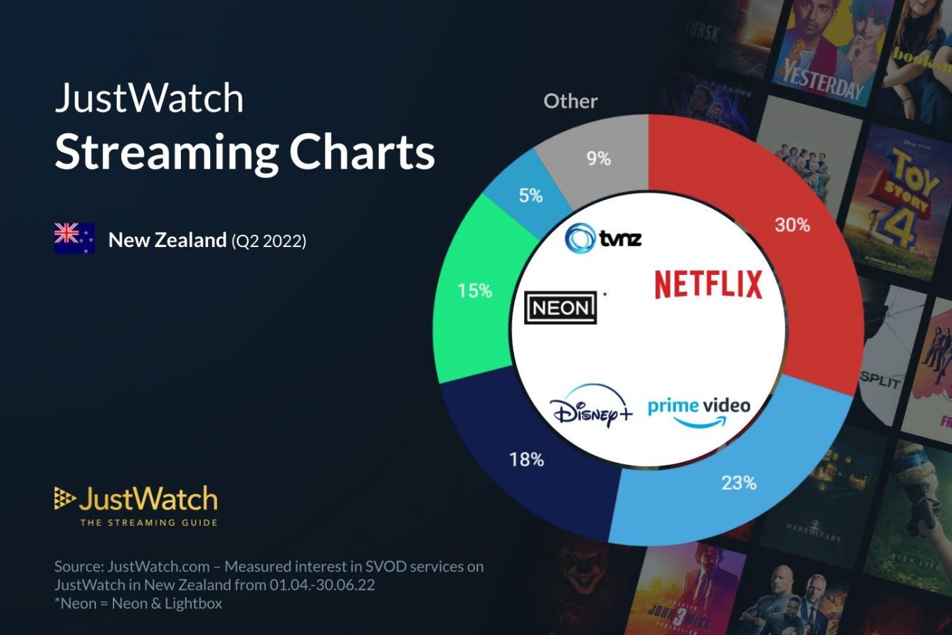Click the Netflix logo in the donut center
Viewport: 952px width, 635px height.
pyautogui.click(x=708, y=284)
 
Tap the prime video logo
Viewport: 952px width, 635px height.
pyautogui.click(x=699, y=411)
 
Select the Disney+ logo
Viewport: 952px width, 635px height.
pyautogui.click(x=591, y=407)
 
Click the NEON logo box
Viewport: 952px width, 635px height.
pyautogui.click(x=561, y=308)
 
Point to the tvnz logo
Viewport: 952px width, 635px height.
pyautogui.click(x=603, y=238)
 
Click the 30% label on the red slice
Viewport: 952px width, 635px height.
pyautogui.click(x=792, y=225)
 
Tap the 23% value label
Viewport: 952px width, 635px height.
pyautogui.click(x=738, y=483)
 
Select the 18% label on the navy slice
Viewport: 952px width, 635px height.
pyautogui.click(x=527, y=460)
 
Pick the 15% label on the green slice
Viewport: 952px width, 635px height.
pyautogui.click(x=475, y=291)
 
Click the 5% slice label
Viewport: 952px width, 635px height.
pyautogui.click(x=530, y=196)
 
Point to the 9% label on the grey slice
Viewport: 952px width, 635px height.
pyautogui.click(x=598, y=159)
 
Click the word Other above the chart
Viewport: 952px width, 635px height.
pyautogui.click(x=571, y=101)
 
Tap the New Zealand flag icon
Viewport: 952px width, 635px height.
pyautogui.click(x=74, y=238)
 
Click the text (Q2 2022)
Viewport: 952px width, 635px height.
pyautogui.click(x=269, y=241)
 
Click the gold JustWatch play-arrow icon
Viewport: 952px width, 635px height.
pyautogui.click(x=65, y=498)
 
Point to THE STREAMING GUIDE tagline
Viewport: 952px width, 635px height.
pyautogui.click(x=149, y=523)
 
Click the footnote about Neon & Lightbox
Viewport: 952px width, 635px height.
pyautogui.click(x=139, y=604)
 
